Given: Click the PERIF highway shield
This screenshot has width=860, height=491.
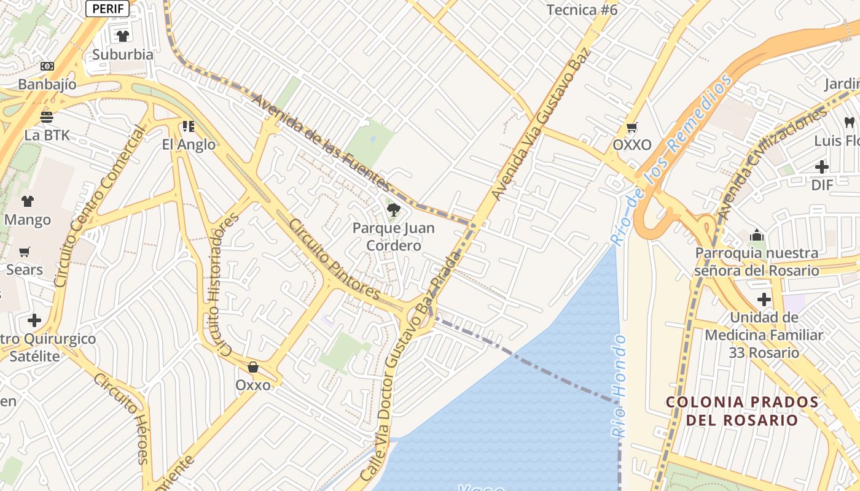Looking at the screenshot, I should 107,9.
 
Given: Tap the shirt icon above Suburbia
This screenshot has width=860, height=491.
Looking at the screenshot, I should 123,36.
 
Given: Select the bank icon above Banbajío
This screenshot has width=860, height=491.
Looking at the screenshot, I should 47,66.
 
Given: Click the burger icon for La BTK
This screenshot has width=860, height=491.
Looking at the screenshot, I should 47,117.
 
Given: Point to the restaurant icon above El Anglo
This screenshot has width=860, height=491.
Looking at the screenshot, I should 189,126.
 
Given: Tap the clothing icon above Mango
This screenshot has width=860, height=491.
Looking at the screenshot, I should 28,201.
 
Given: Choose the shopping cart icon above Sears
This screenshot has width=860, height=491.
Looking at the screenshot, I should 25,252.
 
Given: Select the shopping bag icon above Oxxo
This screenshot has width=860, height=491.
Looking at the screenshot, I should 252,367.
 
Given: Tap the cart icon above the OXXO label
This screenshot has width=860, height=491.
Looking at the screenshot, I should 631,128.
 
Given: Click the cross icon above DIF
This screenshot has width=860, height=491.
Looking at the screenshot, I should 822,167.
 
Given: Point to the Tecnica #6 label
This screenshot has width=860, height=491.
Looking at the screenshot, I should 582,10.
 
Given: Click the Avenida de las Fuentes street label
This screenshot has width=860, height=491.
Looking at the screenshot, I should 321,142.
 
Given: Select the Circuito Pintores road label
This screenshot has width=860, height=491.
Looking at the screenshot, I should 335,260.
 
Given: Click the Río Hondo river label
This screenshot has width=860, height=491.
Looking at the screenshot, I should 619,385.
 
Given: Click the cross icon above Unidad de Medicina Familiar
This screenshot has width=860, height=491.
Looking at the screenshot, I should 764,300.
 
